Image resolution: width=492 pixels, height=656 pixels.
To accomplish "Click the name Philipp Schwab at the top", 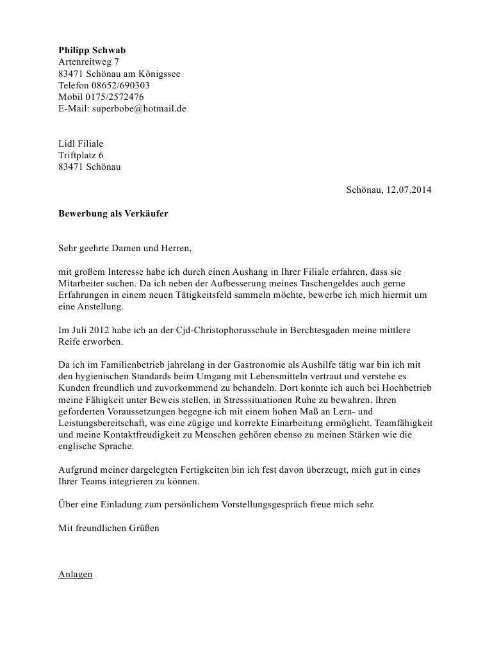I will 92,51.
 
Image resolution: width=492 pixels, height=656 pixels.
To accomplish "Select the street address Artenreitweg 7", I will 88,62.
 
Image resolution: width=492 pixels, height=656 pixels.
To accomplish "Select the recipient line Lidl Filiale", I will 81,143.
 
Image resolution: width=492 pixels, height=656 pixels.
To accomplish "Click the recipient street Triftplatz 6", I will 81,155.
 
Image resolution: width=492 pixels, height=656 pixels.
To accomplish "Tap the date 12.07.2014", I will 409,190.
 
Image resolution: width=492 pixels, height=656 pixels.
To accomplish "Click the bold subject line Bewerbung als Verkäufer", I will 113,213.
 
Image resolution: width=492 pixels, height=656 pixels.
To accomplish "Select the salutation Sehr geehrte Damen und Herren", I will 125,249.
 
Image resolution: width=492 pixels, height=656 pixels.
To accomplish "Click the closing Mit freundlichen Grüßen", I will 109,529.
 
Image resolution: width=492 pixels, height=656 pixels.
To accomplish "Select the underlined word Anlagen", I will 76,575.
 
